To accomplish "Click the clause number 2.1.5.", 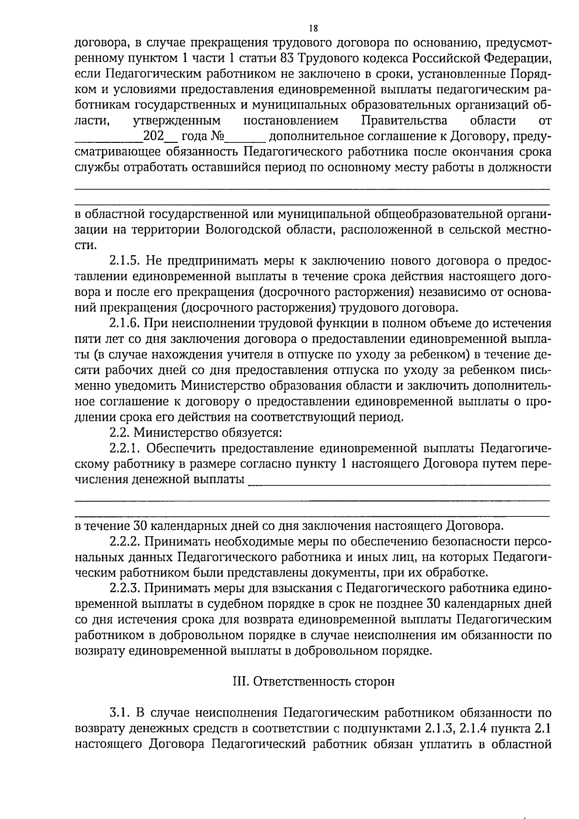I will pos(124,261).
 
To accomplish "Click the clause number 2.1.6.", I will pos(124,323).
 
